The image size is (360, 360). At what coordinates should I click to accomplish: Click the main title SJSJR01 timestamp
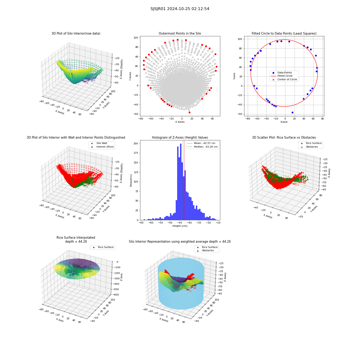[x=180, y=9]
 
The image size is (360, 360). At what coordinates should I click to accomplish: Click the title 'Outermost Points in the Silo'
[x=180, y=33]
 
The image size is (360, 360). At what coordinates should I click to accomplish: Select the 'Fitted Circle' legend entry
[x=285, y=76]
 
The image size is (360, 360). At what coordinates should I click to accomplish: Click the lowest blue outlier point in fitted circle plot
[x=292, y=112]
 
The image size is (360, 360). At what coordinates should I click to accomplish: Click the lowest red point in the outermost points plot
[x=189, y=112]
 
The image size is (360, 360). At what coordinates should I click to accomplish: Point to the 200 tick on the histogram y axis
[x=136, y=144]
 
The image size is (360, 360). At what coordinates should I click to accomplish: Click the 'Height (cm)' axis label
[x=180, y=226]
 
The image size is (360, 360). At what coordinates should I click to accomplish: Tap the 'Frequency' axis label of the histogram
[x=131, y=180]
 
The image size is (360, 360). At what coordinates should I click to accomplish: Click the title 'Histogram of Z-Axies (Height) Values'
[x=180, y=138]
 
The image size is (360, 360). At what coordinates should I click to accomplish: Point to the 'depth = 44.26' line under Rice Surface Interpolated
[x=76, y=242]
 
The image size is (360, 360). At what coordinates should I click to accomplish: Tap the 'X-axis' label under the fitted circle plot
[x=284, y=122]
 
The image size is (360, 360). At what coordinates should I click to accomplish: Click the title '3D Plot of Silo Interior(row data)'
[x=76, y=33]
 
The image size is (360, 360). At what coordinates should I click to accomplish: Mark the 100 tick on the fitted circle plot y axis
[x=240, y=39]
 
